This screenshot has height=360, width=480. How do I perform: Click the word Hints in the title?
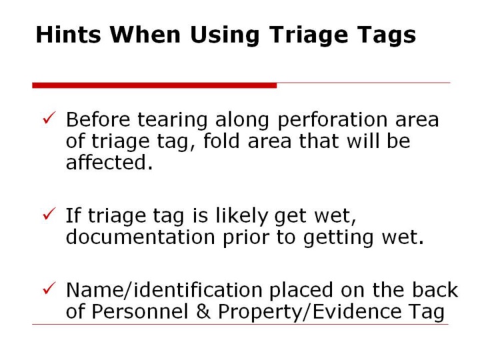(x=68, y=34)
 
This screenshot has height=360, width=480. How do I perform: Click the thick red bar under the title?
(x=155, y=85)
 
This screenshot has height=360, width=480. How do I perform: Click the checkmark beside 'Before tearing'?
(x=49, y=118)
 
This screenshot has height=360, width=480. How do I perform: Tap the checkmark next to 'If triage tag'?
(x=49, y=214)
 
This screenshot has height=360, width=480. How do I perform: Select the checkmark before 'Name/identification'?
(x=49, y=288)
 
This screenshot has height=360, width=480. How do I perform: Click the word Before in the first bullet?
(x=98, y=119)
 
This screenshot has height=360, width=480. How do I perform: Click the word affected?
(x=109, y=162)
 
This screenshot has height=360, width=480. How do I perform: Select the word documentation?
(x=141, y=237)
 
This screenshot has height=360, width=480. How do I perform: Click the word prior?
(x=246, y=238)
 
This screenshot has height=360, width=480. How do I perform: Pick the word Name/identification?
(x=164, y=289)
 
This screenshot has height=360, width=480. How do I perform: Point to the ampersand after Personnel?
(x=203, y=311)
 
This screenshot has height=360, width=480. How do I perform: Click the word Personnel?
(x=140, y=311)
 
